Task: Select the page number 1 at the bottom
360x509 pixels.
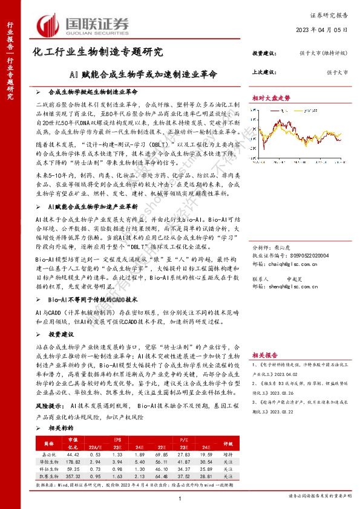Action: coord(180,497)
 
